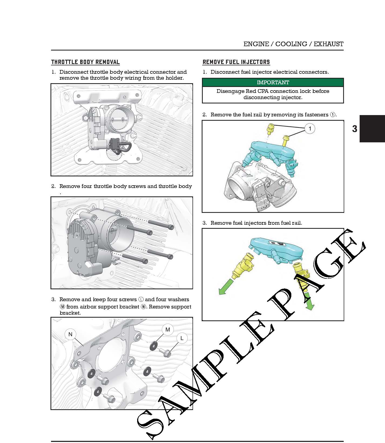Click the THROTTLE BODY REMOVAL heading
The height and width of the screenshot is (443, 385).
pos(85,62)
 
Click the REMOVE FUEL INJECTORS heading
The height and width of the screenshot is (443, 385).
pos(236,62)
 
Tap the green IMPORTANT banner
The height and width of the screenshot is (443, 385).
pos(273,82)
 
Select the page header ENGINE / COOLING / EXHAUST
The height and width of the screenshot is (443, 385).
pos(293,44)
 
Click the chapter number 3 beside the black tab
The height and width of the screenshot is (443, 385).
pos(354,129)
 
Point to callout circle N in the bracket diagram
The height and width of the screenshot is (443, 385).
pos(70,334)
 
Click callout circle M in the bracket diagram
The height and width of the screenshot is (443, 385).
pos(168,330)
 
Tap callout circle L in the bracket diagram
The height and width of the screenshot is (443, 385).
pos(182,338)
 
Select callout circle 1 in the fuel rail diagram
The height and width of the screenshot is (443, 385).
pos(310,129)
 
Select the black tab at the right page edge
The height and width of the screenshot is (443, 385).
pos(372,129)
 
